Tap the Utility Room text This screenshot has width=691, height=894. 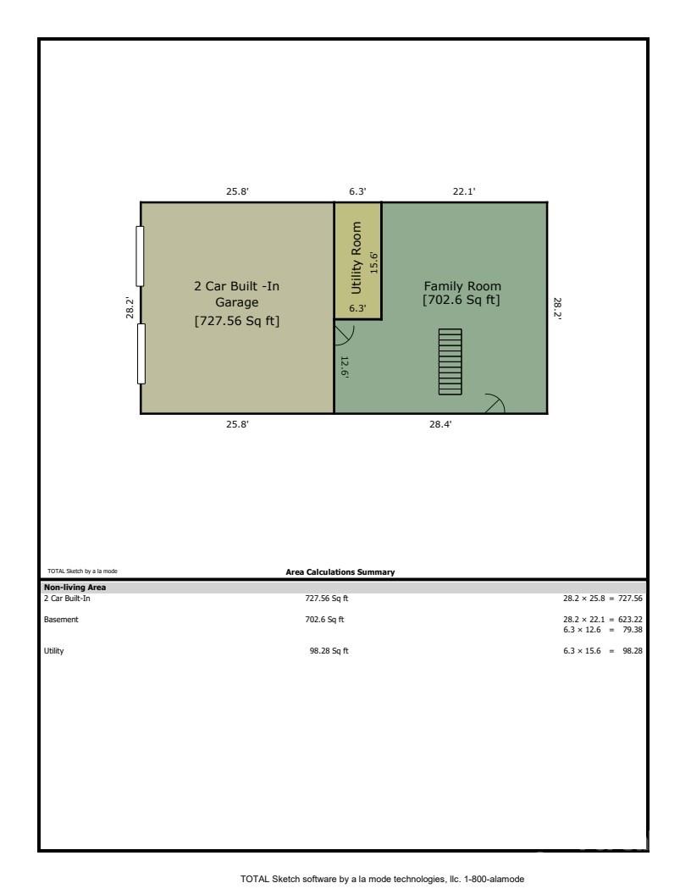click(357, 258)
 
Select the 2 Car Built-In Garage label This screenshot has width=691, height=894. click(236, 303)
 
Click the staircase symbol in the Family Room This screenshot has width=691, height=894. click(450, 361)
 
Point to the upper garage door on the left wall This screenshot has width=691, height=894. click(141, 256)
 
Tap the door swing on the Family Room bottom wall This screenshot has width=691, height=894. click(493, 404)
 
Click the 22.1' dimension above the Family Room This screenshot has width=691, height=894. click(463, 191)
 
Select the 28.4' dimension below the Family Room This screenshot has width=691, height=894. click(440, 425)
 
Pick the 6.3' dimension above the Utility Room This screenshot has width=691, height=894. click(357, 191)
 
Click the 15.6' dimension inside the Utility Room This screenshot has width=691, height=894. click(373, 262)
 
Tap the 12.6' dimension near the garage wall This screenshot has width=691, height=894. click(345, 367)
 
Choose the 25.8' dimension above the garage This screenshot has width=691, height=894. click(237, 191)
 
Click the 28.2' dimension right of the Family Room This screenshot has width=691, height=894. click(557, 307)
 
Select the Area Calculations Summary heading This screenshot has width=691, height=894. click(340, 572)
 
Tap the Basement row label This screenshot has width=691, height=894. click(61, 619)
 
